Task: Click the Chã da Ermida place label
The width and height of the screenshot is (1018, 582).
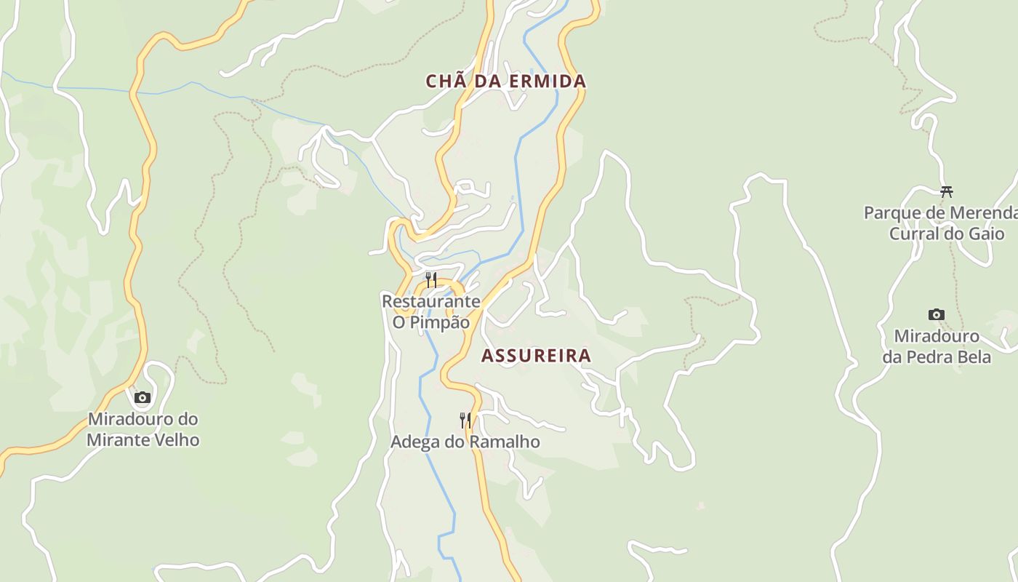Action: click(x=506, y=81)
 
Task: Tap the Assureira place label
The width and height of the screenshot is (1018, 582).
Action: click(x=537, y=356)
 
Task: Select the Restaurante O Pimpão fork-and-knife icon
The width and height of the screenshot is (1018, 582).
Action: click(x=431, y=280)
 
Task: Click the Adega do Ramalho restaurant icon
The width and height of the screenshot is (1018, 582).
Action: click(x=465, y=420)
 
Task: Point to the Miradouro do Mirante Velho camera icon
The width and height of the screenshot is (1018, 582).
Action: click(x=143, y=397)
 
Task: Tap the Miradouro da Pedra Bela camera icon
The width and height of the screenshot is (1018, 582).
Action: click(x=937, y=315)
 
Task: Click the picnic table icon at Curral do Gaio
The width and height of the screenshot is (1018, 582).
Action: click(x=947, y=192)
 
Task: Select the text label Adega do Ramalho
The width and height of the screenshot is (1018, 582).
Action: click(x=465, y=442)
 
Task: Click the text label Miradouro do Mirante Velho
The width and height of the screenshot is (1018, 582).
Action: click(x=143, y=429)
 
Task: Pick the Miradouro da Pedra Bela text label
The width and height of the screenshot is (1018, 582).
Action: click(x=937, y=346)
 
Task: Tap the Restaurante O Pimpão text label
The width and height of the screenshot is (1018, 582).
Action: click(x=431, y=311)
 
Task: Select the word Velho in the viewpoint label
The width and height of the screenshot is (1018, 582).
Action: click(x=175, y=440)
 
